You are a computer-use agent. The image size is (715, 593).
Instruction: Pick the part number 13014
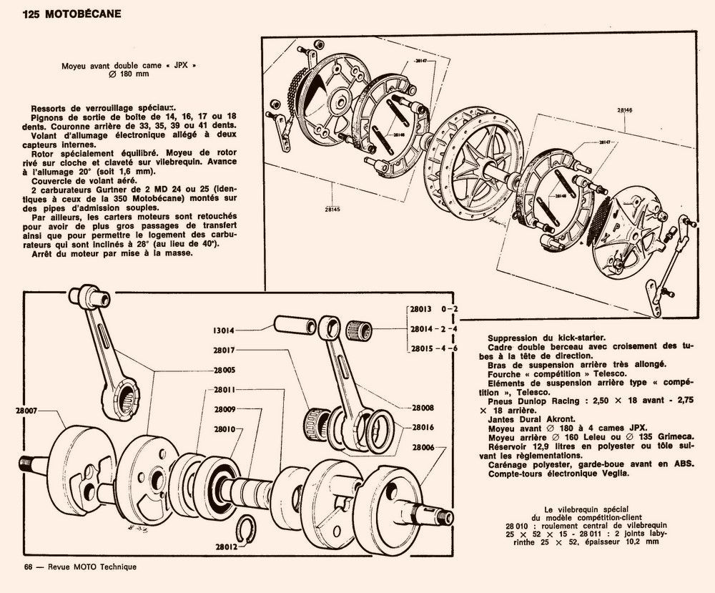point(224,330)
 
